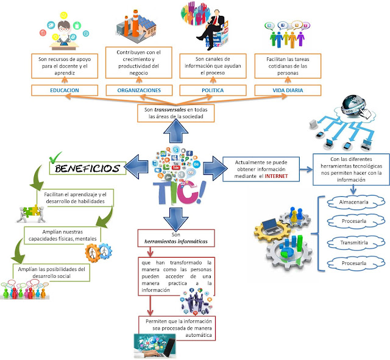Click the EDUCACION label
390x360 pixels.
pos(65,90)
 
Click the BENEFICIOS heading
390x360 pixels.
pos(88,168)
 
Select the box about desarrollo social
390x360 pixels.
pos(51,272)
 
